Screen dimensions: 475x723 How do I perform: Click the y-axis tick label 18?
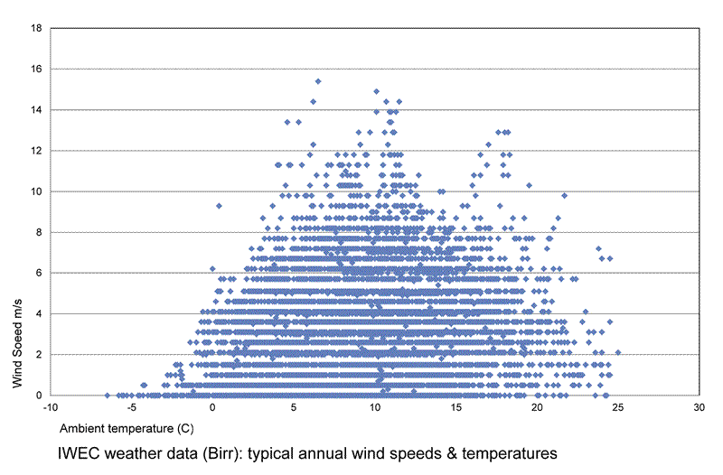click(35, 28)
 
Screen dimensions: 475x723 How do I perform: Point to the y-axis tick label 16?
click(35, 69)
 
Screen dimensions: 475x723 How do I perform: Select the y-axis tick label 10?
click(35, 191)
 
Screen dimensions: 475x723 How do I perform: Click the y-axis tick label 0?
click(38, 396)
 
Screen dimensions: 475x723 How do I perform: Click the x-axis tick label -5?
click(131, 408)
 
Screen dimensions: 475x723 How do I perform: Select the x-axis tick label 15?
click(456, 408)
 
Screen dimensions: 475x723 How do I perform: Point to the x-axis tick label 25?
click(619, 408)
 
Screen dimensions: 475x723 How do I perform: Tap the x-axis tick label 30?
click(700, 408)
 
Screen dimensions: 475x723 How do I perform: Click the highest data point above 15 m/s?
click(317, 81)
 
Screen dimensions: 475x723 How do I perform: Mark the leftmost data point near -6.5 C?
click(107, 396)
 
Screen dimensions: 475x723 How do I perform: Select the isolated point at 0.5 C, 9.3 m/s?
click(219, 205)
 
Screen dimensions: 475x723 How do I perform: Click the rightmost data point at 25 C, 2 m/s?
click(618, 352)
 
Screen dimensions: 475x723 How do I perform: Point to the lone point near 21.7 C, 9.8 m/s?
click(564, 195)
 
